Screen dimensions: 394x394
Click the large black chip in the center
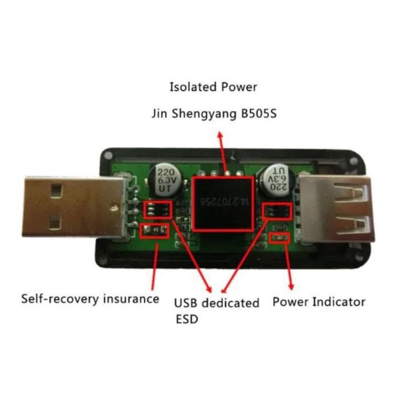pos(223,202)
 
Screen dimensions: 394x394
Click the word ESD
pos(187,319)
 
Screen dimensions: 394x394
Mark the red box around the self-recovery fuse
pos(154,230)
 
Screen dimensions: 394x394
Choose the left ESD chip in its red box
pos(158,210)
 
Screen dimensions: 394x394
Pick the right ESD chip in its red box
pos(277,211)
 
